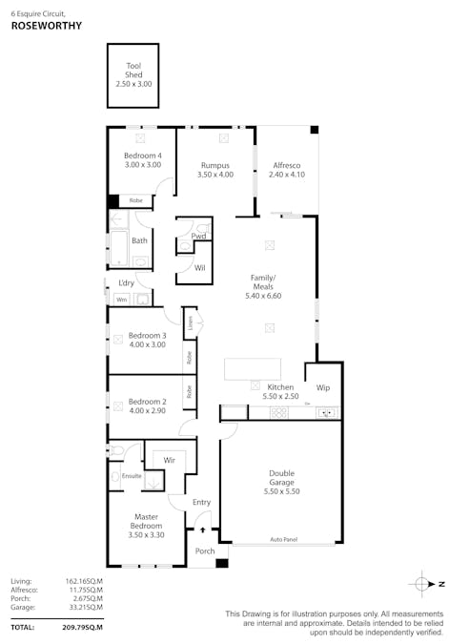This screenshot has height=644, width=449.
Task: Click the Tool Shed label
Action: [133, 70]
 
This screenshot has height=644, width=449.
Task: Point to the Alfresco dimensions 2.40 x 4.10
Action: [284, 175]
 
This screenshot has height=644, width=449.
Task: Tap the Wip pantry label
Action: [322, 388]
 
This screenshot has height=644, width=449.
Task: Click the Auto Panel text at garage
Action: [283, 540]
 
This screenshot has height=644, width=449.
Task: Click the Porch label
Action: [204, 551]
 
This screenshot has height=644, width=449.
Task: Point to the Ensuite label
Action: [132, 475]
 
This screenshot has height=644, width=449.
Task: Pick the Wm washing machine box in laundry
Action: [121, 300]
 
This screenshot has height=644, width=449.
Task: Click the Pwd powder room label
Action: [198, 236]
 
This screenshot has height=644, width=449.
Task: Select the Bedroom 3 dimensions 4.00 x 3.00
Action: [147, 344]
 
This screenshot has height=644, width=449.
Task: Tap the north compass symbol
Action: [423, 582]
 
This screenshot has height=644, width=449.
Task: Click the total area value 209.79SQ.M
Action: [82, 627]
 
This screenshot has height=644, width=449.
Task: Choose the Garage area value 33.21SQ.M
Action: [83, 607]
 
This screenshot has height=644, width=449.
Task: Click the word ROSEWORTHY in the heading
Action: [46, 27]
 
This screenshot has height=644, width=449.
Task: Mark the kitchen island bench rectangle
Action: [252, 368]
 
